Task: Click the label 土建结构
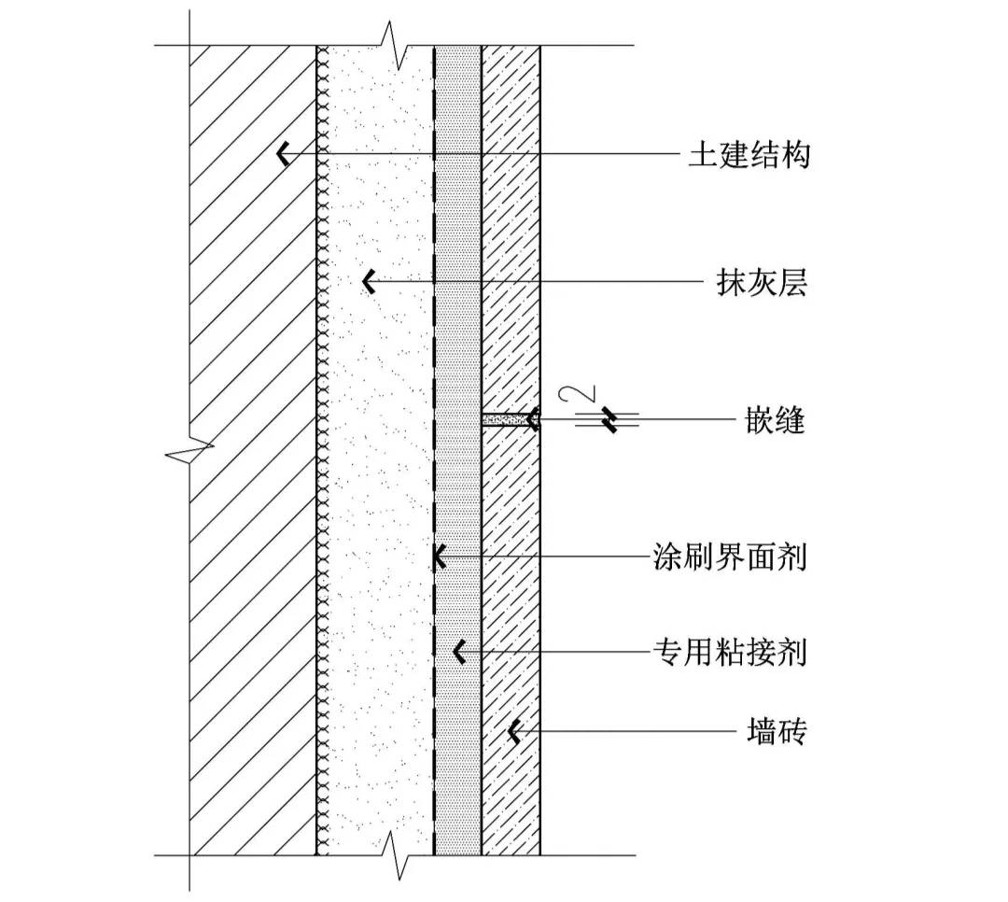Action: tap(749, 154)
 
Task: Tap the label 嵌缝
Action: tap(777, 421)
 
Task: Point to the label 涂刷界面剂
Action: tap(729, 557)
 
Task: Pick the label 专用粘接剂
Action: tap(729, 652)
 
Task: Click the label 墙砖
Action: tap(777, 733)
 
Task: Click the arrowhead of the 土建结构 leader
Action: tap(282, 154)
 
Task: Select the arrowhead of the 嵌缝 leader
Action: tap(533, 420)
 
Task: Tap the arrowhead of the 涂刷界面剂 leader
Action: tap(438, 557)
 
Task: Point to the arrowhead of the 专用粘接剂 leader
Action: tap(458, 652)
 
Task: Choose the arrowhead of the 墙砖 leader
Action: tap(512, 733)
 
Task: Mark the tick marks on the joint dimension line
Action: tap(609, 420)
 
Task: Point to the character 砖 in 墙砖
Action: tap(791, 733)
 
